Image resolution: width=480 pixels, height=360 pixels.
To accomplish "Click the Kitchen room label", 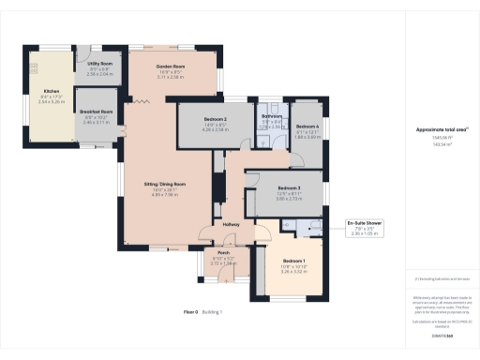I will pyautogui.click(x=51, y=91).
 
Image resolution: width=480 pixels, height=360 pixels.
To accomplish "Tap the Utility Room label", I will pyautogui.click(x=100, y=65).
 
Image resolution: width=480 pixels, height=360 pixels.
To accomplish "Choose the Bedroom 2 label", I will pyautogui.click(x=216, y=122).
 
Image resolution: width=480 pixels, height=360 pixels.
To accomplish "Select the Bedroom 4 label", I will pyautogui.click(x=307, y=127).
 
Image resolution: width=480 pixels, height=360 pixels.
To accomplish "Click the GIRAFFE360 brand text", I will pyautogui.click(x=437, y=334).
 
